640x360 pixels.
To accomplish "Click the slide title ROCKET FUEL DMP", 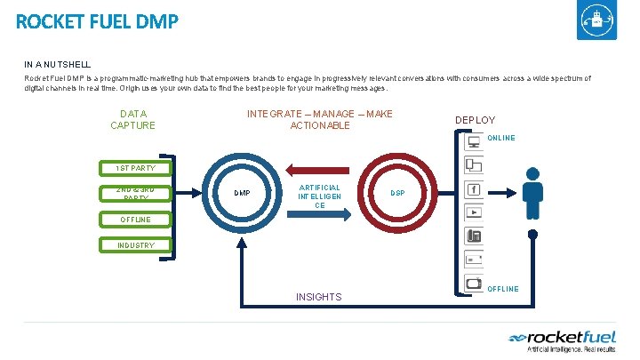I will [97, 20].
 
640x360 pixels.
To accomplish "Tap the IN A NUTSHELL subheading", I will [58, 64].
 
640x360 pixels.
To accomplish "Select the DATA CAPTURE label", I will [132, 119].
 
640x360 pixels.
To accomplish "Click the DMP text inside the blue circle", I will [242, 193].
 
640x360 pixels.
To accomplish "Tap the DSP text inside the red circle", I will [400, 193].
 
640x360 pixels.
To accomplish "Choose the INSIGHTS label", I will [318, 297].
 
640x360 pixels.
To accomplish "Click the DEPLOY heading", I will [476, 120].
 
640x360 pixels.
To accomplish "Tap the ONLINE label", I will [501, 138].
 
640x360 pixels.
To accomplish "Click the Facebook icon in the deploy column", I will [474, 189].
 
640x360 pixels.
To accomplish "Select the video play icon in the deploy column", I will [474, 213].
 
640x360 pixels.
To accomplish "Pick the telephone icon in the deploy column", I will [474, 236].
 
